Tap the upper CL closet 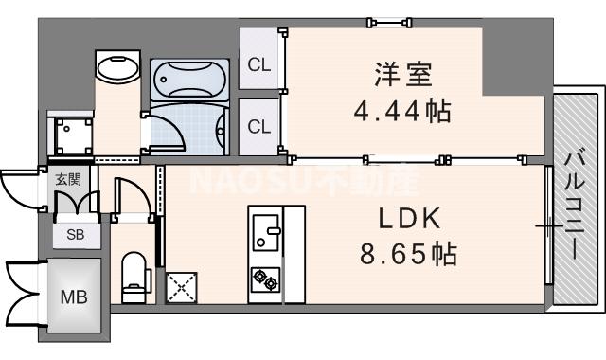258,64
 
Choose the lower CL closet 258,126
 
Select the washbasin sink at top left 116,66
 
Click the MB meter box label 74,297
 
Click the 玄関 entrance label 67,179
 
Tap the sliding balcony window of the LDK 548,225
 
